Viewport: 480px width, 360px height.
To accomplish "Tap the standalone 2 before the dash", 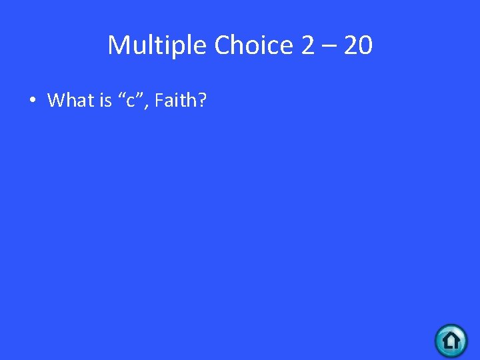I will click(308, 46).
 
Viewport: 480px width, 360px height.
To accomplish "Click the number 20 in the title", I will click(358, 46).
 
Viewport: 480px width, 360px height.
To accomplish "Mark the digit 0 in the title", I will click(365, 46).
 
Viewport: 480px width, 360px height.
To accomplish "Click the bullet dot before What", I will click(32, 101).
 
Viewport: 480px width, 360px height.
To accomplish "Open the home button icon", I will click(451, 341).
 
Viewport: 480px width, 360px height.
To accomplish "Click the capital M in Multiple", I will click(119, 46).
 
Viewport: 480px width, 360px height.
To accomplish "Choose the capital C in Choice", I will click(223, 46).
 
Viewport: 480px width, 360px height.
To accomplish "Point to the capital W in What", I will click(56, 101).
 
